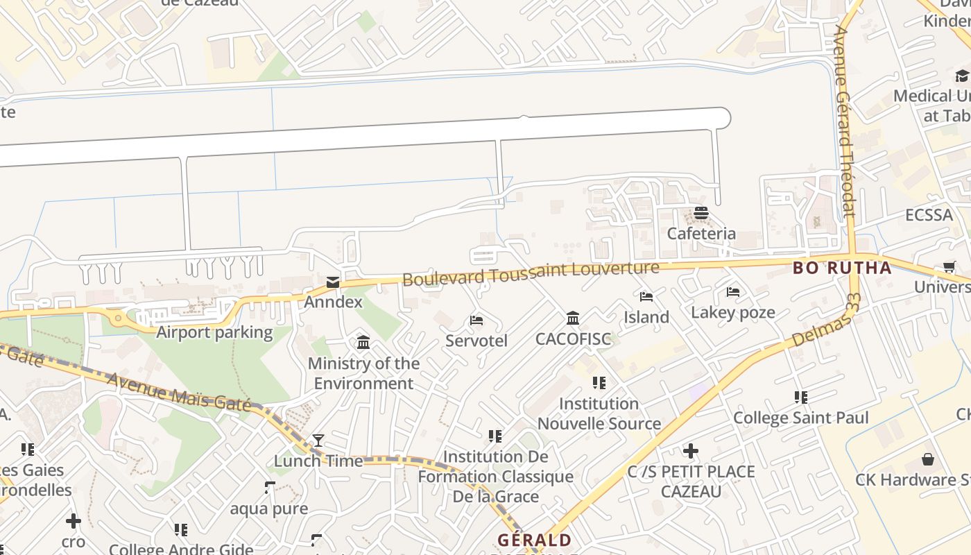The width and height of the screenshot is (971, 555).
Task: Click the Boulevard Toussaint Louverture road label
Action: tap(531, 273)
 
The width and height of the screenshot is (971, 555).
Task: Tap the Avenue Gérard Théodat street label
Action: tap(845, 121)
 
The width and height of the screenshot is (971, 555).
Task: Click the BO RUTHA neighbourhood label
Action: tap(842, 268)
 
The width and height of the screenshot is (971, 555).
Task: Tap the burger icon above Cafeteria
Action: tap(701, 213)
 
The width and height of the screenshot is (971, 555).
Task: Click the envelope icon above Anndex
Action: tap(333, 282)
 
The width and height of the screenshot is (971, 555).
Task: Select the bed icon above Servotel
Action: tap(476, 321)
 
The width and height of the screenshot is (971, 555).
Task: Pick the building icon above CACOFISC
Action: tap(573, 318)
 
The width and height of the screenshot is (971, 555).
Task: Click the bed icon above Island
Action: tap(646, 297)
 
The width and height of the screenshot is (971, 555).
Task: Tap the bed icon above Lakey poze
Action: tap(733, 292)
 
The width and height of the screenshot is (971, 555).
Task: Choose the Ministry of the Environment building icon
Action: tap(363, 342)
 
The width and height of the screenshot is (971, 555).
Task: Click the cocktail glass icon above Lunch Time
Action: tap(318, 440)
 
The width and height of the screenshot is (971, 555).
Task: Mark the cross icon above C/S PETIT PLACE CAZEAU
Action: tap(691, 452)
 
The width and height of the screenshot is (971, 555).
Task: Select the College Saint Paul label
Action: tap(801, 418)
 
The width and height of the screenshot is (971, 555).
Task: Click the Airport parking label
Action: tap(214, 332)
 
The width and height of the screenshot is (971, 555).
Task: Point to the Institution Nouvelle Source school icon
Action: tap(599, 383)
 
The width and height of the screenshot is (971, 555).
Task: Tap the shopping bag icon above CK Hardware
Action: tap(928, 459)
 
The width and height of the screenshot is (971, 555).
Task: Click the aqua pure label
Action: tap(269, 509)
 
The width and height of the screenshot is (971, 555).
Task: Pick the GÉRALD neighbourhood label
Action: tap(534, 540)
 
